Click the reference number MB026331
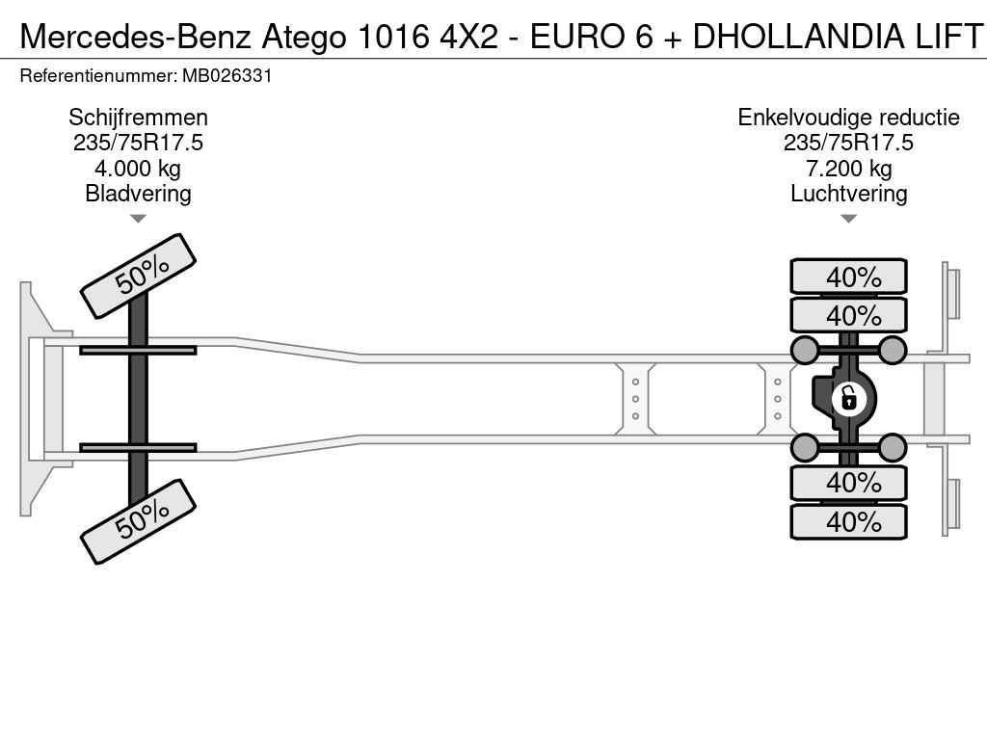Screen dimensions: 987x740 pos(227,76)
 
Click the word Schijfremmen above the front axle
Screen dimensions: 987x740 pos(138,118)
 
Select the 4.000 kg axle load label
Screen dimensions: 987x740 pos(138,169)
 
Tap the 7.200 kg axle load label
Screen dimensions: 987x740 pos(848,169)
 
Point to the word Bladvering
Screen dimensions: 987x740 pos(138,194)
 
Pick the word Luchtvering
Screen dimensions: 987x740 pos(848,194)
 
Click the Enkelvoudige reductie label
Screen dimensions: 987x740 pos(848,118)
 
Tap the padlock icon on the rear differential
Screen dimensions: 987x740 pos(848,398)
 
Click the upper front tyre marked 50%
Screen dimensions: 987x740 pos(138,277)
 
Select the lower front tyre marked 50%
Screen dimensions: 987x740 pos(138,521)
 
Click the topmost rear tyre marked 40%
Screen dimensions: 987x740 pos(848,276)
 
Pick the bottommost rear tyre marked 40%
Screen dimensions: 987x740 pos(848,521)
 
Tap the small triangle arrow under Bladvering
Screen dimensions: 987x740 pos(138,219)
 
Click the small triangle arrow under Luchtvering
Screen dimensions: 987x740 pos(848,219)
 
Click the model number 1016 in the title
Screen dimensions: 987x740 pos(393,36)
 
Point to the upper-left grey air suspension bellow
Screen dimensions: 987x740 pos(805,350)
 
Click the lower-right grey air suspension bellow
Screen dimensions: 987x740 pos(892,447)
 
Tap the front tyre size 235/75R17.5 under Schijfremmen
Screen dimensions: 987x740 pos(138,143)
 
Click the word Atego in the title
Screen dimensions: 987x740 pos(304,38)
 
